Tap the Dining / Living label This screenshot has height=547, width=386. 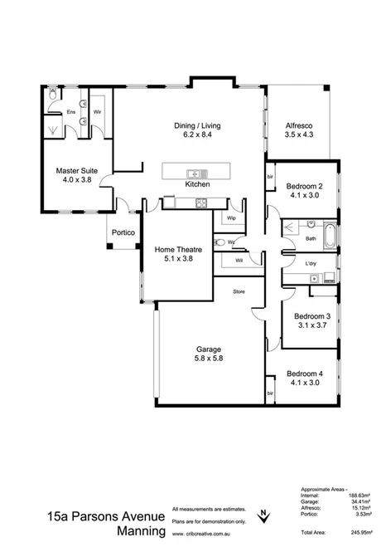[x=197, y=126]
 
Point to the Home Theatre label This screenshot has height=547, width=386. [x=174, y=248]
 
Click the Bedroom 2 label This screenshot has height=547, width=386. [x=303, y=185]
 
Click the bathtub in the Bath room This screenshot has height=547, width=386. [x=329, y=235]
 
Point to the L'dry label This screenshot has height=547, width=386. [x=311, y=264]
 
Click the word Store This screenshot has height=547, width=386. [x=239, y=291]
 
